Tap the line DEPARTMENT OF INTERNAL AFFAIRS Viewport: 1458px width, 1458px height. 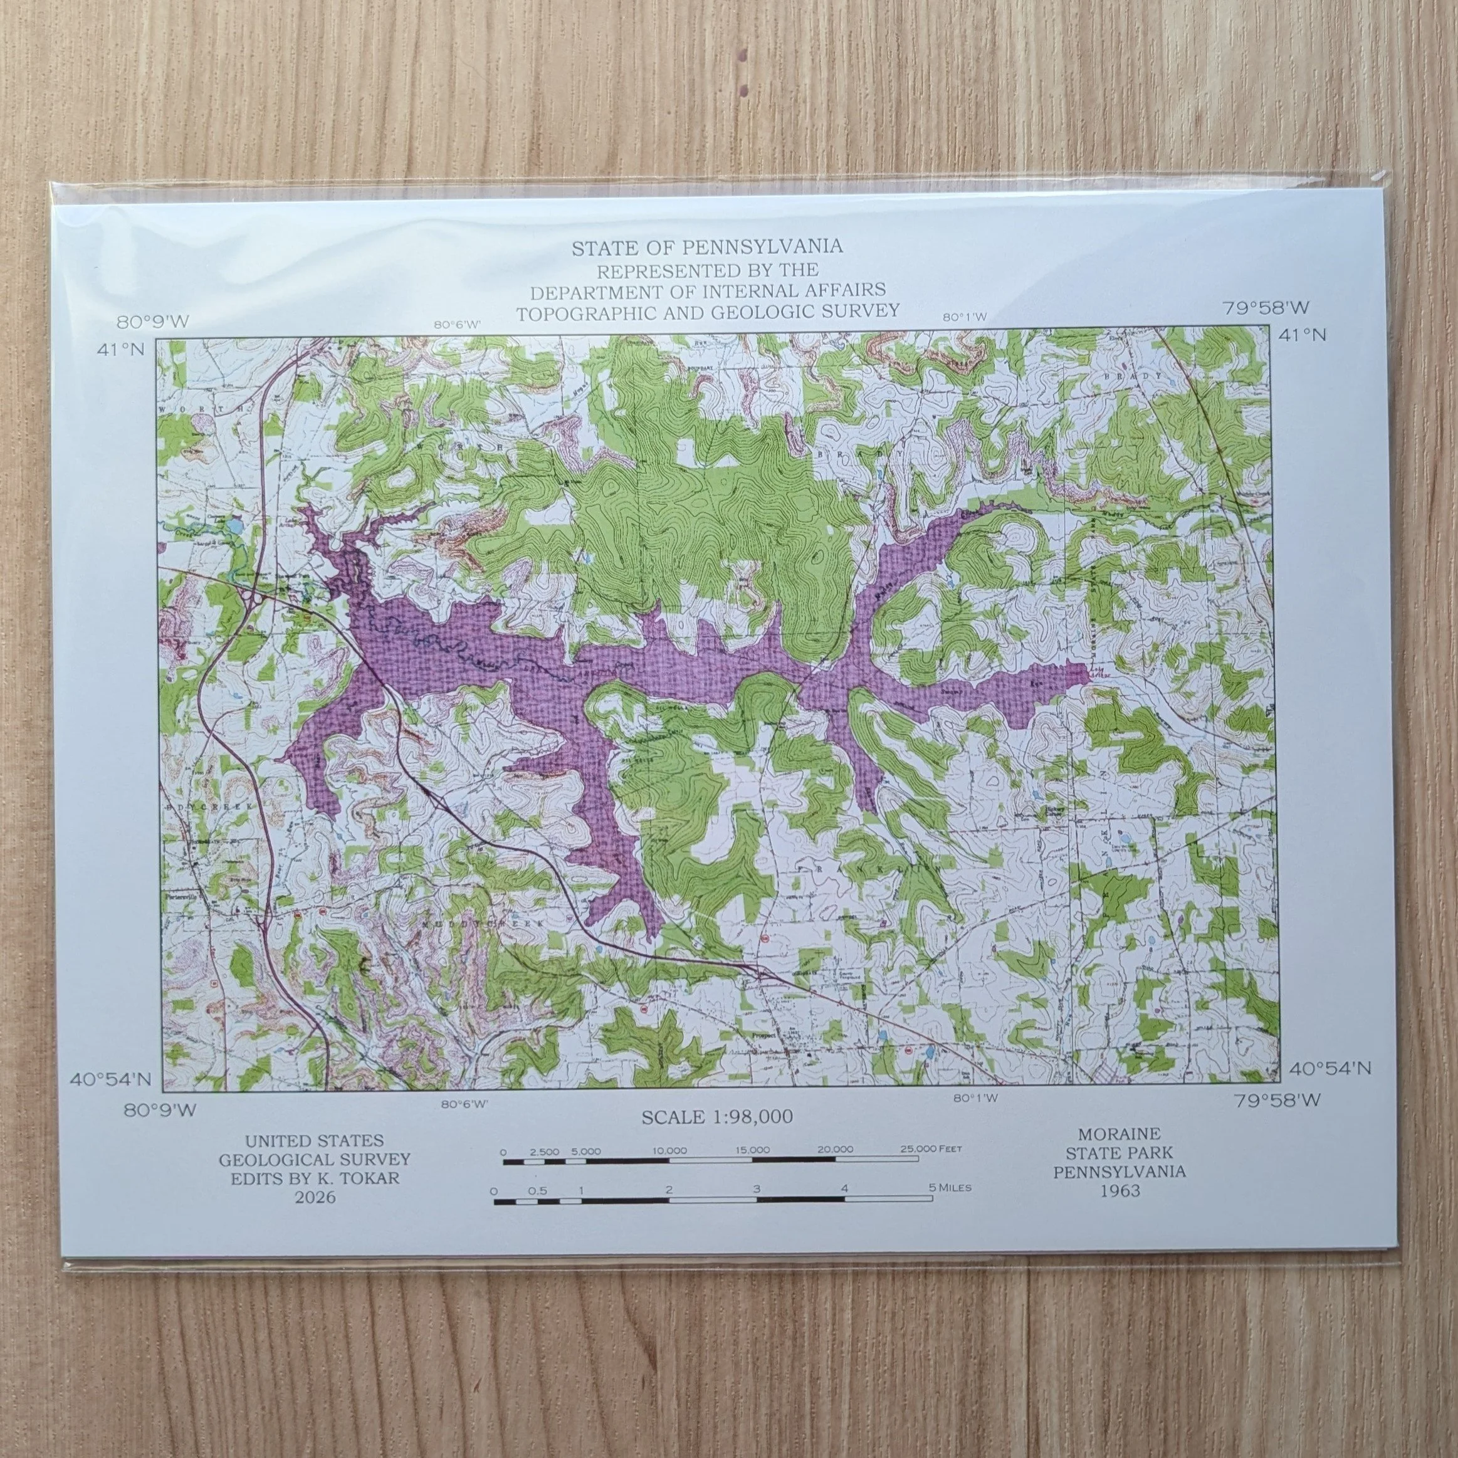pyautogui.click(x=707, y=290)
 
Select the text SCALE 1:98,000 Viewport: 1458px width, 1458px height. pyautogui.click(x=717, y=1118)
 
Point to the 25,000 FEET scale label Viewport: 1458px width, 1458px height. pyautogui.click(x=930, y=1148)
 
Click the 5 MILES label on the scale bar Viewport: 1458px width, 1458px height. pyautogui.click(x=950, y=1187)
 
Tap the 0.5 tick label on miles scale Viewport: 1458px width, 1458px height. pyautogui.click(x=537, y=1190)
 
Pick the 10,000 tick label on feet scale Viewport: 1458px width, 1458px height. pyautogui.click(x=669, y=1151)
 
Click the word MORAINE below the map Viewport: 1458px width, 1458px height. pyautogui.click(x=1118, y=1133)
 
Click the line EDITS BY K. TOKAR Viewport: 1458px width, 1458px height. pyautogui.click(x=315, y=1178)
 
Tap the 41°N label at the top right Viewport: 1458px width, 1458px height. pyautogui.click(x=1302, y=334)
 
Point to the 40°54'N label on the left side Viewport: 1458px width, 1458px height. pyautogui.click(x=110, y=1079)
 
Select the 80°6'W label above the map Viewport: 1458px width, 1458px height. pyautogui.click(x=456, y=325)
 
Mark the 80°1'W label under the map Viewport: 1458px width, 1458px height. pyautogui.click(x=975, y=1098)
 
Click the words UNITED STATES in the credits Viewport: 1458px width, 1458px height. pyautogui.click(x=314, y=1140)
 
